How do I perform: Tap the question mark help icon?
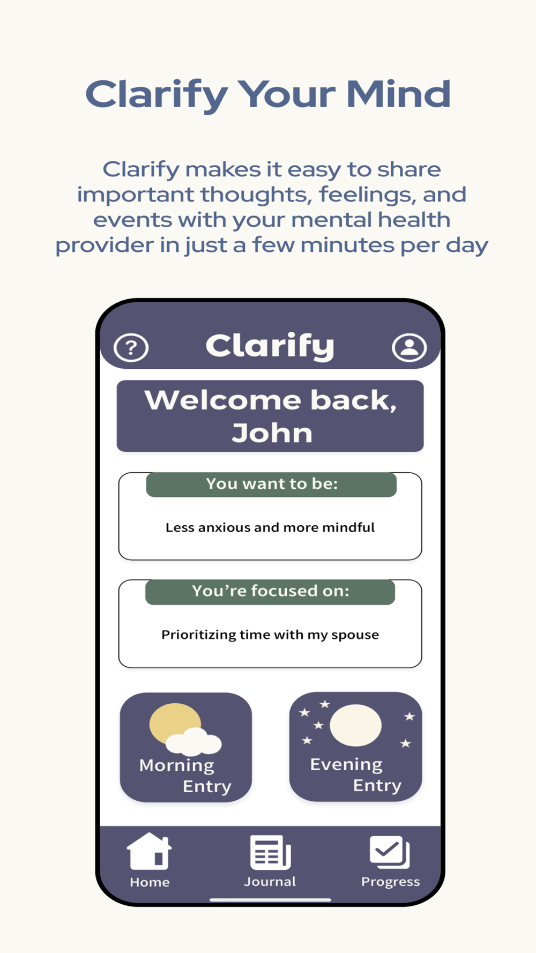[131, 348]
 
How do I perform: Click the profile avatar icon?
[410, 348]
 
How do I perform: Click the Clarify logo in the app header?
[270, 346]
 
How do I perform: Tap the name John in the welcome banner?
[272, 433]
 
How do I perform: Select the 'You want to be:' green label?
[271, 485]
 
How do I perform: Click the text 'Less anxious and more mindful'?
[270, 527]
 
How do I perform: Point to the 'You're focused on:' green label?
[270, 592]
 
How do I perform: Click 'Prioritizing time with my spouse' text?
[270, 635]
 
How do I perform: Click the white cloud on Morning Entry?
[193, 742]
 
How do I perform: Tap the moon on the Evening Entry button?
[356, 725]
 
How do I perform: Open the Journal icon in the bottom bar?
[270, 853]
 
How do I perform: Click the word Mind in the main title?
[398, 94]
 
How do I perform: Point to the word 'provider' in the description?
[104, 245]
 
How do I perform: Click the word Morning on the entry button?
[177, 765]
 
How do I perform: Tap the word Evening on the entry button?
[346, 764]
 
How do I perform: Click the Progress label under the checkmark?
[390, 882]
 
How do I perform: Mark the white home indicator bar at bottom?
[270, 900]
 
